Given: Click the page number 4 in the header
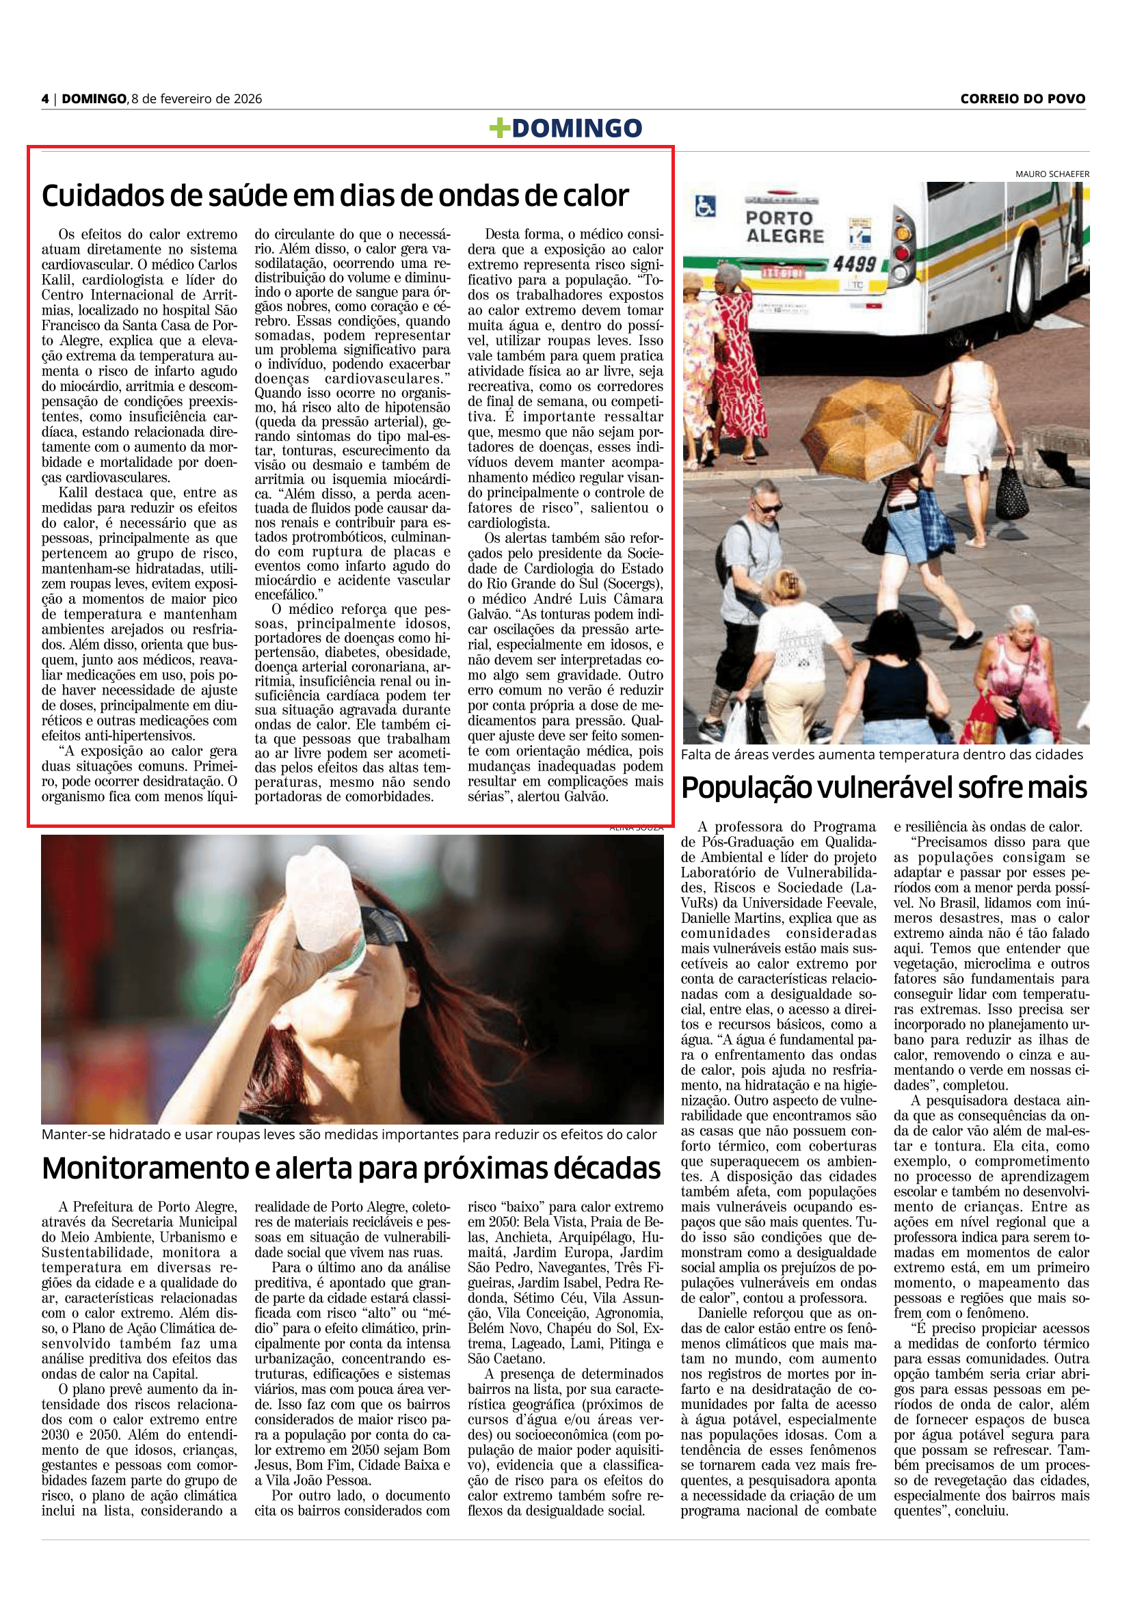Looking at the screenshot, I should (45, 99).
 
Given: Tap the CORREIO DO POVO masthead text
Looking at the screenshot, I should (1022, 99).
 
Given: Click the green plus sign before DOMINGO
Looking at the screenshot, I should (499, 128).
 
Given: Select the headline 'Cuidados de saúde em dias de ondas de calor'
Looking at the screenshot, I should (335, 196).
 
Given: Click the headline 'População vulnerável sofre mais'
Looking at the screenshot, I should (883, 788).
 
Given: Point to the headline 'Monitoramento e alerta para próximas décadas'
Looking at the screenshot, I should (351, 1168).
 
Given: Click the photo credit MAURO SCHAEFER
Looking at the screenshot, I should (1052, 174).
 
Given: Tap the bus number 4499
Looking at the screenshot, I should (855, 264).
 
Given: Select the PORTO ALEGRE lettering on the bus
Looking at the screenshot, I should (784, 227).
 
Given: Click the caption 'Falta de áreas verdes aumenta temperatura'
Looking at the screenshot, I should (881, 754).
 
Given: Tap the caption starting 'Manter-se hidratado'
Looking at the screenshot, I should (349, 1135).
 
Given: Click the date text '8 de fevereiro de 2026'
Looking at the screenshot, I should (196, 99).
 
